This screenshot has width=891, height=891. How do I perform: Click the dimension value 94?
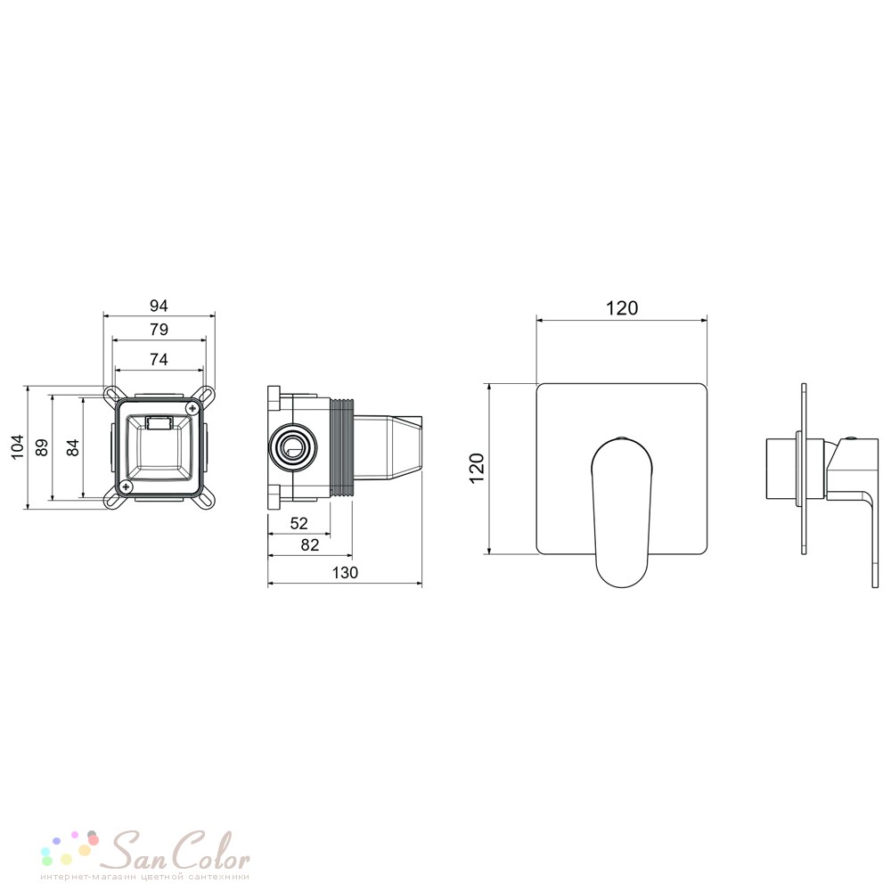(159, 306)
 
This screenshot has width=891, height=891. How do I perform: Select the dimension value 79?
(159, 330)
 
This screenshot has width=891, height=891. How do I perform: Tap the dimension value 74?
(159, 360)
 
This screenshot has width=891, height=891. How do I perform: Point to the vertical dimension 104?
(18, 446)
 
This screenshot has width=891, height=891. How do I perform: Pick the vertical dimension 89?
(42, 447)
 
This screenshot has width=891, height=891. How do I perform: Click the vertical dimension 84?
(73, 447)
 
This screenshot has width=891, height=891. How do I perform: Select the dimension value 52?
(298, 523)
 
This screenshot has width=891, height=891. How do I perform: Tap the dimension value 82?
(310, 545)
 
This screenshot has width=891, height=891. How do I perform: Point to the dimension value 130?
(345, 572)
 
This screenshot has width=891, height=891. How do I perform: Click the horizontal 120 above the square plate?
(622, 308)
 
